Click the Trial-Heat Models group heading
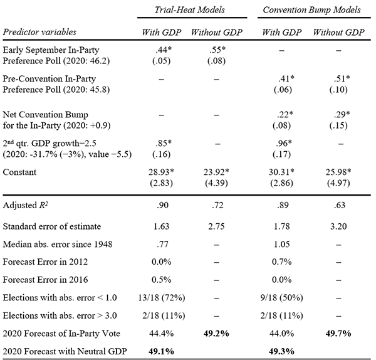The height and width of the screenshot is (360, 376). (x=190, y=10)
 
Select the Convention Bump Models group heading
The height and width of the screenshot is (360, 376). (x=311, y=10)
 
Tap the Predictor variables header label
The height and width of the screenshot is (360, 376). (x=39, y=32)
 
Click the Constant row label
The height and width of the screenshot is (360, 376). (x=19, y=172)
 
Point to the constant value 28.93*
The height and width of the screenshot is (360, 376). (x=162, y=172)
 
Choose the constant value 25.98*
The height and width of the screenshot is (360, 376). (x=338, y=172)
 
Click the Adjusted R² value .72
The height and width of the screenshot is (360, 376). (x=217, y=206)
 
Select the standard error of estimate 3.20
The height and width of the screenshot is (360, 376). (x=338, y=226)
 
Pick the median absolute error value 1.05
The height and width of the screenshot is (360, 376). (x=282, y=244)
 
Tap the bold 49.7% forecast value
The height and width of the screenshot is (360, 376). (x=338, y=334)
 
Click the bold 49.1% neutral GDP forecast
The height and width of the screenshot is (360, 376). (x=162, y=351)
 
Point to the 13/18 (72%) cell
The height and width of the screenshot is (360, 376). (x=162, y=298)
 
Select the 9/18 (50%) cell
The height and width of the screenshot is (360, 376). (x=282, y=298)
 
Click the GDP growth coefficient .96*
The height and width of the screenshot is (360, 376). (x=284, y=143)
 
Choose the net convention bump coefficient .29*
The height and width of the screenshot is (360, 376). (x=342, y=114)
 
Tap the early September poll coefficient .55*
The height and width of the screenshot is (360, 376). (x=217, y=50)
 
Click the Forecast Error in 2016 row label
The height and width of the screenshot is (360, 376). (x=45, y=280)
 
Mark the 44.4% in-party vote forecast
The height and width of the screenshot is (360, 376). (x=162, y=334)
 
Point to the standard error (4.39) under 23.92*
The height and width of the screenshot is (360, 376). (x=216, y=183)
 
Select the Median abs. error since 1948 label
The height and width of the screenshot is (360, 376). (x=58, y=245)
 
